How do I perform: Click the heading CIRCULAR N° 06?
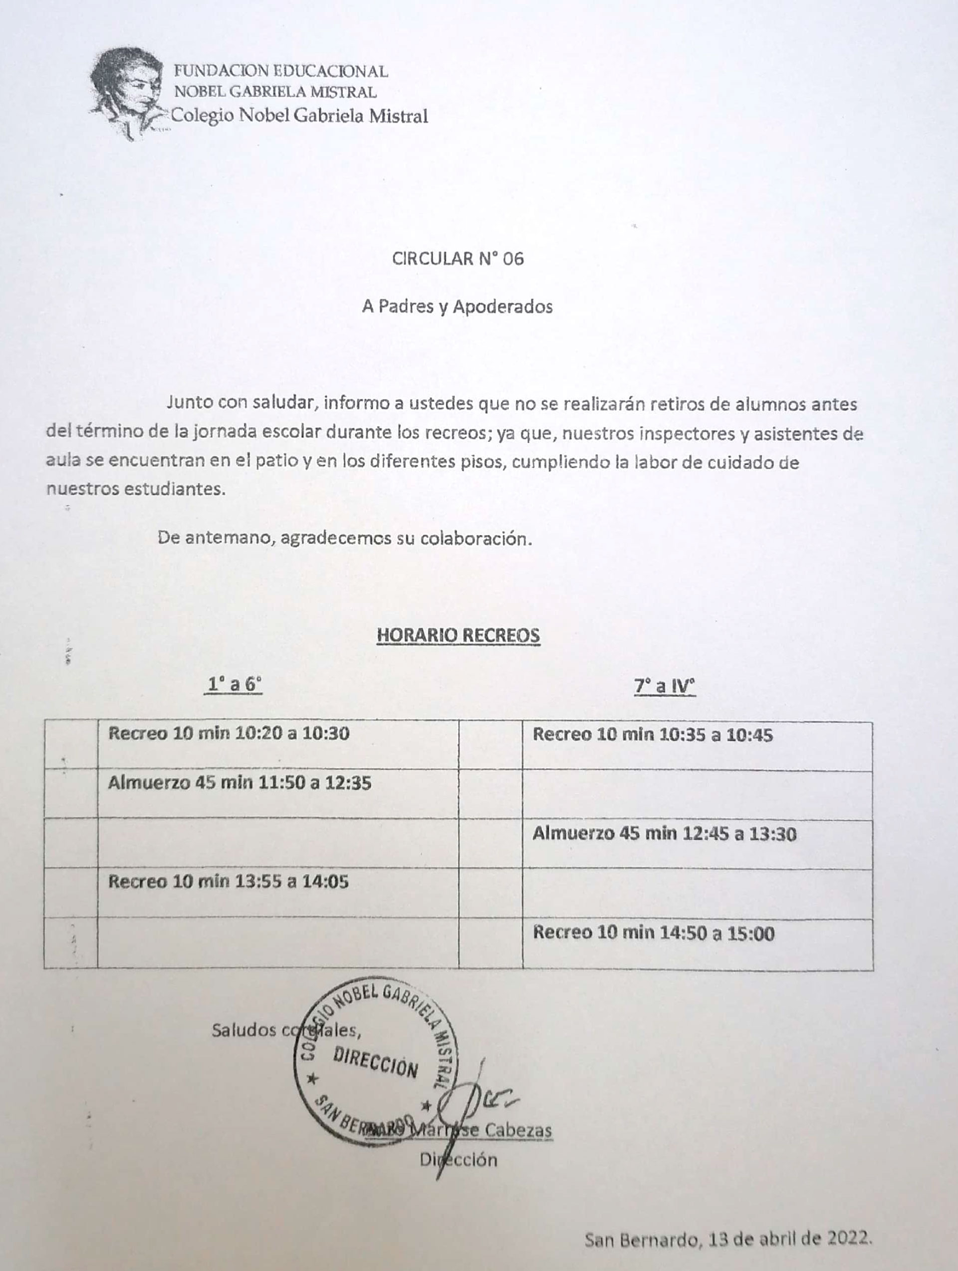[x=458, y=259]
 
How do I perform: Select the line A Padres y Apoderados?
[x=457, y=306]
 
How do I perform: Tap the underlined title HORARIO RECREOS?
[x=458, y=635]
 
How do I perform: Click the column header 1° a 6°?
[x=233, y=684]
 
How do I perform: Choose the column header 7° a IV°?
[x=665, y=686]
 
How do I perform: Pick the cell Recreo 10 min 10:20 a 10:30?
[x=229, y=733]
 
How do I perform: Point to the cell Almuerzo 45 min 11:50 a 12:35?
[x=239, y=783]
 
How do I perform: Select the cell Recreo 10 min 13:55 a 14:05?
[x=228, y=882]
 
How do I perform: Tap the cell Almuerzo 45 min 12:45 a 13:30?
[x=664, y=833]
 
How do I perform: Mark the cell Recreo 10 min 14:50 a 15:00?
[x=653, y=933]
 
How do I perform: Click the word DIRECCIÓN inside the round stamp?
[x=376, y=1062]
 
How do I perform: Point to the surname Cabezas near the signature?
[x=518, y=1130]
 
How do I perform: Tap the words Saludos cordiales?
[x=286, y=1030]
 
